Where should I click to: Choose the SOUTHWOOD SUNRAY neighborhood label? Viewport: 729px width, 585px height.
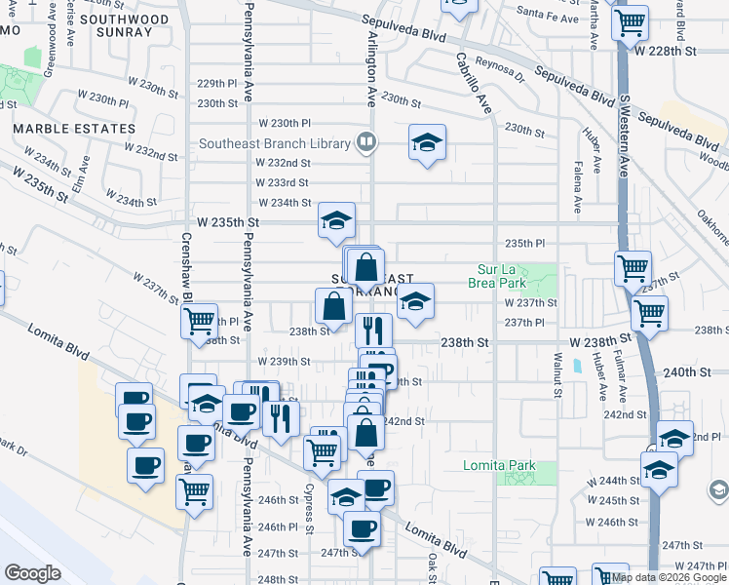point(117,25)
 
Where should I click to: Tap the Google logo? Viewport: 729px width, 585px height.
point(32,572)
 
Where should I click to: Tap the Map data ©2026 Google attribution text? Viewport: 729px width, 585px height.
point(668,576)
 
